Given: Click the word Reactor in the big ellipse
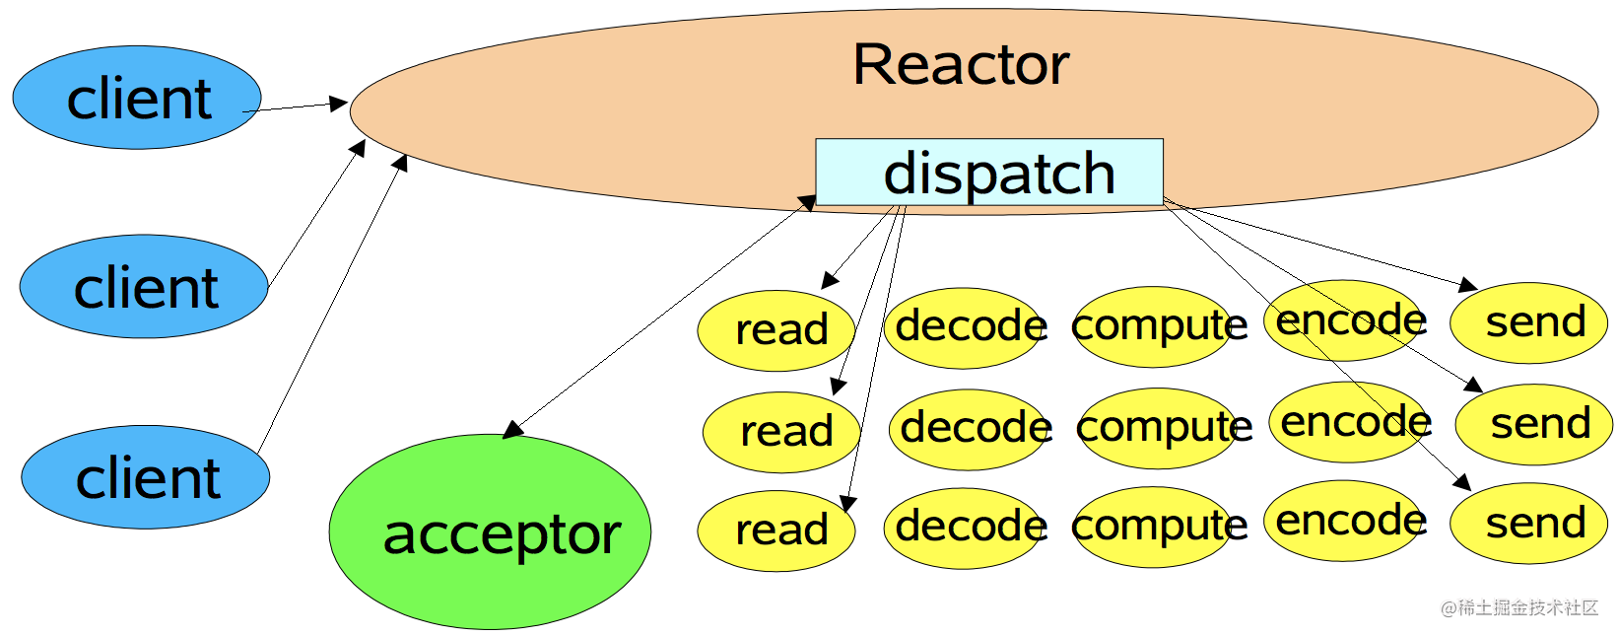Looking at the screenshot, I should [961, 65].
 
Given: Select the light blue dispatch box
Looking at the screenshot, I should [989, 173].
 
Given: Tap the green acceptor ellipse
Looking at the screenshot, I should [490, 531].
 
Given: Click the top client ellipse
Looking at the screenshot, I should [137, 98].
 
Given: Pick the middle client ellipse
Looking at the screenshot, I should [144, 287].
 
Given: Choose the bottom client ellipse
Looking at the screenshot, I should [146, 477].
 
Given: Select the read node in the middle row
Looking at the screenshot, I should [781, 431].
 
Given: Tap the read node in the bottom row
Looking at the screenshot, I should [775, 531].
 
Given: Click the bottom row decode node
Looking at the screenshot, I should [965, 527].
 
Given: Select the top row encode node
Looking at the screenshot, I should [1345, 320].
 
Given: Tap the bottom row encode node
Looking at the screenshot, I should [1345, 521].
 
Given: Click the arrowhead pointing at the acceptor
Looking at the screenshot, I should [512, 429].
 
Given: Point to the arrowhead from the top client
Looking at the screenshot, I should [338, 103].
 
